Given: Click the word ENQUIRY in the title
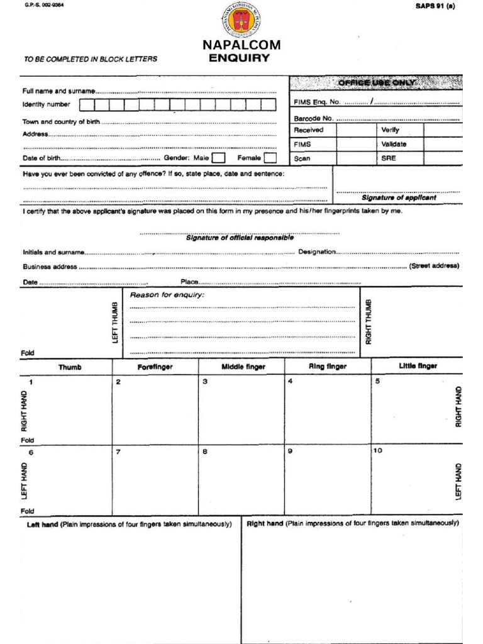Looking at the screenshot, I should [240, 58].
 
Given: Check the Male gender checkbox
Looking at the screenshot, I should [218, 158].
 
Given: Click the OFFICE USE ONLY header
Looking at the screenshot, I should [377, 83].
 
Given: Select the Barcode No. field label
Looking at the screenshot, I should [313, 118].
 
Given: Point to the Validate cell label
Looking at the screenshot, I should [394, 144].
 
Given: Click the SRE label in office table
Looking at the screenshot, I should [388, 158].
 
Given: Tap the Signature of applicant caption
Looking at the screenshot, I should [399, 197].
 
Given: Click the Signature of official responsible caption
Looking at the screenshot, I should [240, 238].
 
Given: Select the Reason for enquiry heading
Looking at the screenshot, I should [167, 295].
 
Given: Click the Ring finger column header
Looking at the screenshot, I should [327, 366].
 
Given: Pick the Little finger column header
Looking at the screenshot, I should [418, 365].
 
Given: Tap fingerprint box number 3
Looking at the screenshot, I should [241, 410].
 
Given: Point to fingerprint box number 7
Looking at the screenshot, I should [155, 481].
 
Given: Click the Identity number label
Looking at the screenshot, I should [47, 104].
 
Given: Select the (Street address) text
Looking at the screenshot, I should [434, 266].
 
